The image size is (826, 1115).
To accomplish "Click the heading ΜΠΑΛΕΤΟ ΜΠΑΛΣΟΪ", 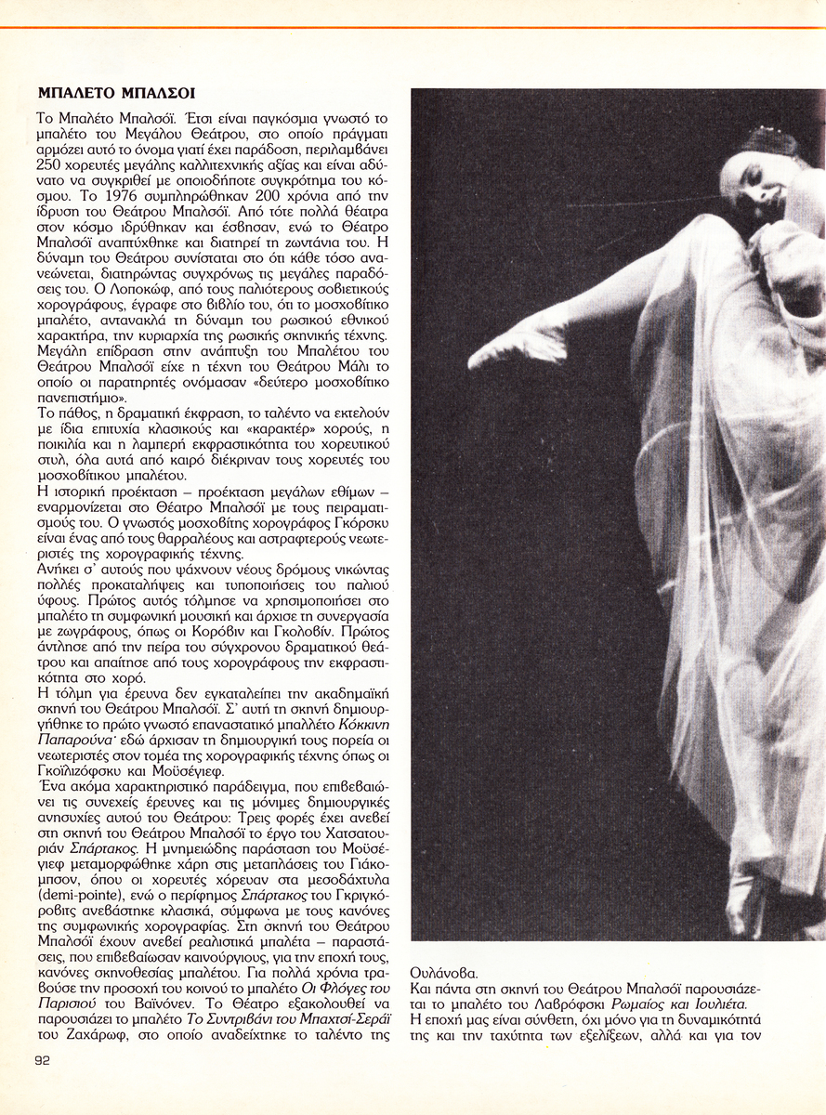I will click(116, 94).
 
